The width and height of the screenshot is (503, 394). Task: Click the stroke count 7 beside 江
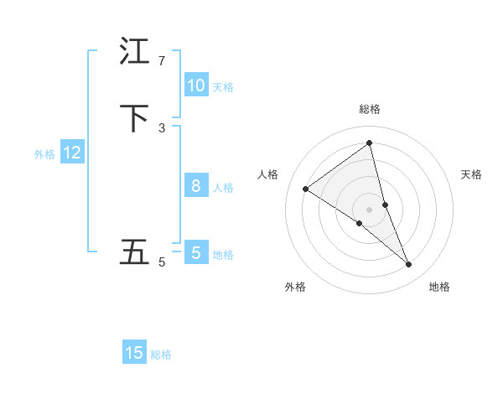click(161, 61)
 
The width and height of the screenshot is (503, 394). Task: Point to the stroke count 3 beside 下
click(161, 128)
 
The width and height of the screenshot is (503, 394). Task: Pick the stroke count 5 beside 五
click(161, 262)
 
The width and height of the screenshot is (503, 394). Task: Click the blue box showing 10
click(196, 86)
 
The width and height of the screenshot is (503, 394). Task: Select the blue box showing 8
click(196, 186)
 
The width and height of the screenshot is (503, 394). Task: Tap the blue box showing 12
click(72, 153)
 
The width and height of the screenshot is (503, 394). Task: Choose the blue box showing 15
click(134, 353)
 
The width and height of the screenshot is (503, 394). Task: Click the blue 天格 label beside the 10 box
click(223, 87)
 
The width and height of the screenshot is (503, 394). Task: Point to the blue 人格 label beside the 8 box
click(223, 188)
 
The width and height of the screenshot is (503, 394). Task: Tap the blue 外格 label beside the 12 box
click(44, 154)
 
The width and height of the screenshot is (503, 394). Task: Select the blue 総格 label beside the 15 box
click(161, 355)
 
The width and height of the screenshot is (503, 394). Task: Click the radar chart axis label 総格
click(370, 109)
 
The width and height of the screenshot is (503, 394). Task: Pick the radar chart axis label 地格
click(439, 287)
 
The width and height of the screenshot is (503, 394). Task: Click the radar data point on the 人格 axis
click(305, 189)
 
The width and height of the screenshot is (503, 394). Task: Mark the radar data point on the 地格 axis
click(409, 265)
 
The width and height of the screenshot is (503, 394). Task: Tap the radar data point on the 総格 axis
click(370, 143)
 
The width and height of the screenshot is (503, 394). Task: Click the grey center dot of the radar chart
click(370, 209)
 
